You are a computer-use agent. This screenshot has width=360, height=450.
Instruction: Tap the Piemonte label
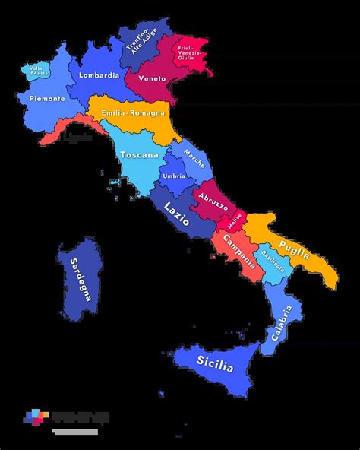coord(47,99)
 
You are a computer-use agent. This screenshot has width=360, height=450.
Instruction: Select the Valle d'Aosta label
coord(36,71)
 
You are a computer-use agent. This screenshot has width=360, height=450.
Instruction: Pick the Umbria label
coord(174,176)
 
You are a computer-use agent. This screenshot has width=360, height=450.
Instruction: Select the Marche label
coord(194,161)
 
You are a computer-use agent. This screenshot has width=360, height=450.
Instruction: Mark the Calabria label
coord(280,324)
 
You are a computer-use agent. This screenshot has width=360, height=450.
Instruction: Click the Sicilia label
coord(215,363)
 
